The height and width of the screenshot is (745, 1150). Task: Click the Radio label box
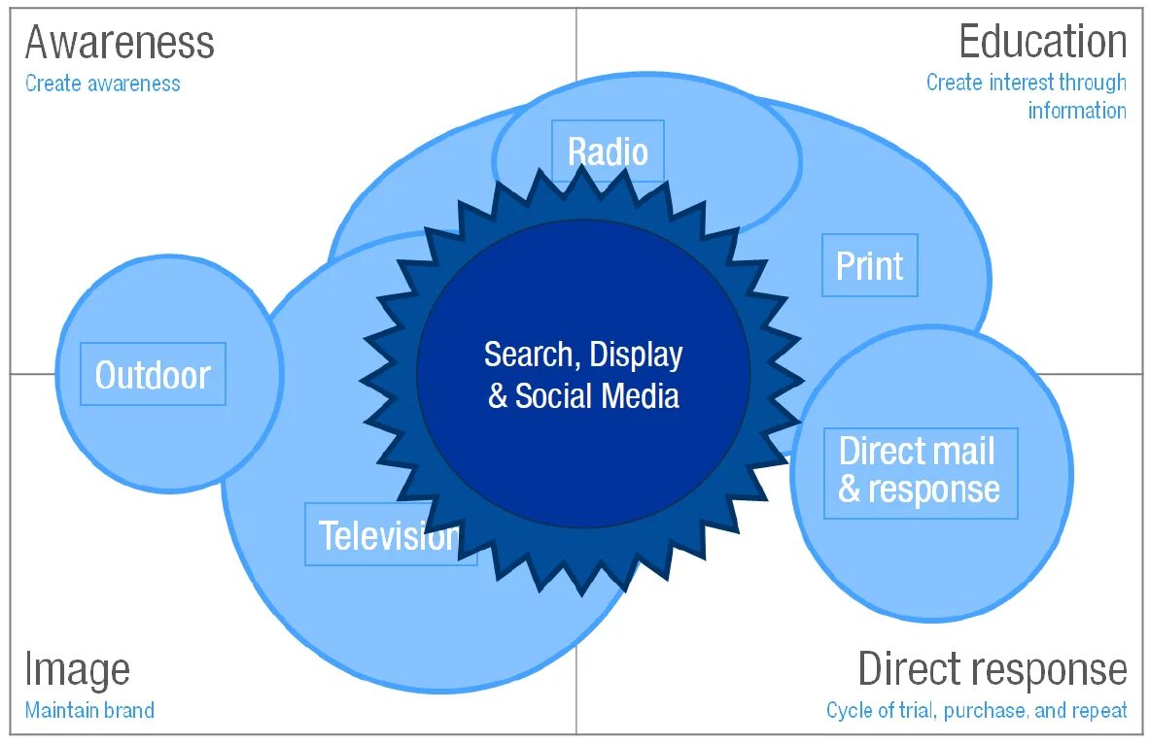point(608,152)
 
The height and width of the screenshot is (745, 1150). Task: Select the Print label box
point(869,266)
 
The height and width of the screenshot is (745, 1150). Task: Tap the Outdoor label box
point(153,374)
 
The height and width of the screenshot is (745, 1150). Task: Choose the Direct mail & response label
point(920,472)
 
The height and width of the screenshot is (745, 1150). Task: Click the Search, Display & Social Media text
point(583,375)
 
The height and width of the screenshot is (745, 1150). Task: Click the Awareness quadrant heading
point(120,43)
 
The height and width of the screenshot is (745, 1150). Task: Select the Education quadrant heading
point(1042,43)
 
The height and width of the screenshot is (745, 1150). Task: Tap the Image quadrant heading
point(77,669)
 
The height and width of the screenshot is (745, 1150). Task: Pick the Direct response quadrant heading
point(992,669)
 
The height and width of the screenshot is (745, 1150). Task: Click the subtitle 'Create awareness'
point(103,84)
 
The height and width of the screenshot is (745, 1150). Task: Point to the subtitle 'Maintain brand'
point(89,710)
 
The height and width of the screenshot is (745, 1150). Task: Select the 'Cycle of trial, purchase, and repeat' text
point(976,710)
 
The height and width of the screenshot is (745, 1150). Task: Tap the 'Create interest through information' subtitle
point(1027,96)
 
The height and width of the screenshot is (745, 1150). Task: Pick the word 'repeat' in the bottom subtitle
point(1100,710)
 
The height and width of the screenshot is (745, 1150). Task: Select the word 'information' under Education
point(1077,110)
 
